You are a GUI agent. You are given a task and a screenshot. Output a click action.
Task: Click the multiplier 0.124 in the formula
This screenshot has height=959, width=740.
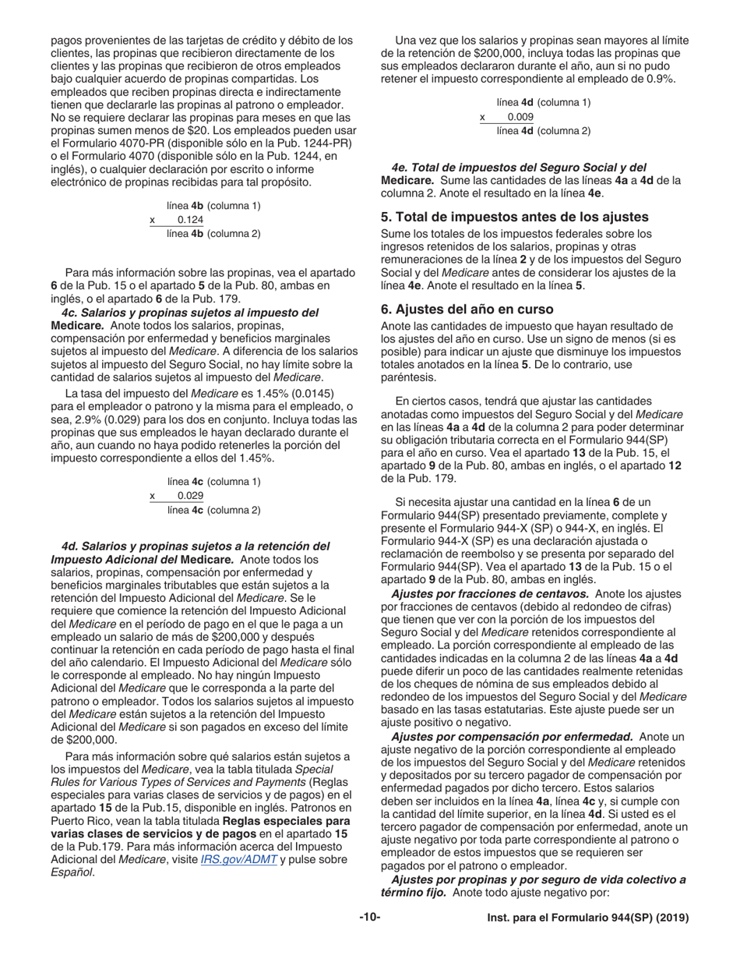191,220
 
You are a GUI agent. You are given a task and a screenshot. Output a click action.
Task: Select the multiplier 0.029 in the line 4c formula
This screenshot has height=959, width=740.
191,496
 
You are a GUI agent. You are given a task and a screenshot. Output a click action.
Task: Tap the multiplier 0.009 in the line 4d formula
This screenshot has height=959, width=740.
520,117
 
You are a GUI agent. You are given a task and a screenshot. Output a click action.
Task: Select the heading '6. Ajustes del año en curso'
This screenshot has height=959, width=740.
467,310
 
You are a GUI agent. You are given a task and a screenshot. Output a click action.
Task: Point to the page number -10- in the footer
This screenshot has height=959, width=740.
370,918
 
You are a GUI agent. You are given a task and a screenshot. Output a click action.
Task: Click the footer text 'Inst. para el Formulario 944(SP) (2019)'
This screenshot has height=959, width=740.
588,918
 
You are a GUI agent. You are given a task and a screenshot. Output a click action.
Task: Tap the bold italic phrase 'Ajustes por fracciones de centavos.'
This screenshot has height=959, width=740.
490,594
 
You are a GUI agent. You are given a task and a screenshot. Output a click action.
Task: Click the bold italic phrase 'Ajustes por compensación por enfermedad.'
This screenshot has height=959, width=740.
512,737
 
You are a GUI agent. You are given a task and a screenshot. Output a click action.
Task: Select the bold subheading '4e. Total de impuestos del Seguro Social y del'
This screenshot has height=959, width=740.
519,168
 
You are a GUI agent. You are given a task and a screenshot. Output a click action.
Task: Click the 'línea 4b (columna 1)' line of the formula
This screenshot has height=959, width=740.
213,206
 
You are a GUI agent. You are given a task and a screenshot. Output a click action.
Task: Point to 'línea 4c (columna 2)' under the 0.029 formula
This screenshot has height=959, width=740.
213,510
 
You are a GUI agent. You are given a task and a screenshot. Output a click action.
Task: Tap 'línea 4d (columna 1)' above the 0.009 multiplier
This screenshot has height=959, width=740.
544,102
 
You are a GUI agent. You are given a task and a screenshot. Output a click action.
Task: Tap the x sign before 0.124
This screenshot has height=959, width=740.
153,220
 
